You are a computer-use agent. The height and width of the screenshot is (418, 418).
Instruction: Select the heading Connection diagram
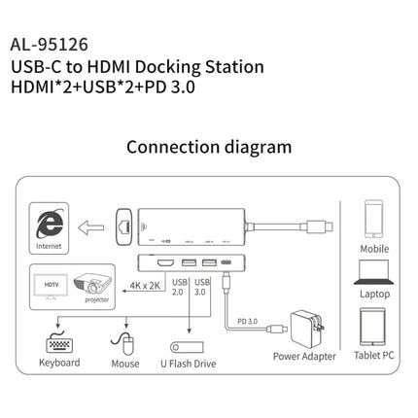pos(208,148)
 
